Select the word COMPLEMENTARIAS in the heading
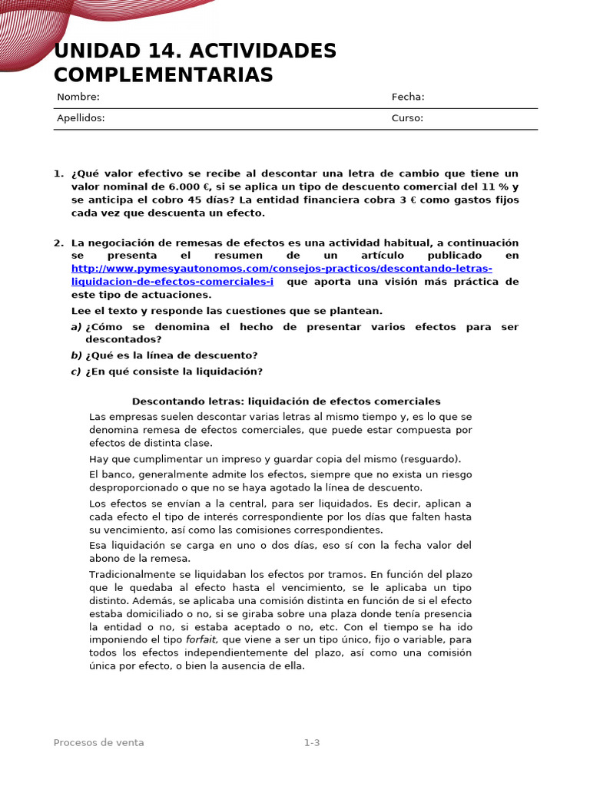[163, 75]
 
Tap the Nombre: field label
[78, 97]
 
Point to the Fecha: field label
[408, 97]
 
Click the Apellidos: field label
[81, 118]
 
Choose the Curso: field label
[407, 118]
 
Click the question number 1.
[58, 173]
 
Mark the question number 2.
[58, 243]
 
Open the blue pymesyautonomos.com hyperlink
[281, 269]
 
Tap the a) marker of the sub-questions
[76, 327]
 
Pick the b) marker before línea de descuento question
[76, 355]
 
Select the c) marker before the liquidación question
[76, 372]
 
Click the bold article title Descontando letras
[286, 401]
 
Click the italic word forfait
[202, 639]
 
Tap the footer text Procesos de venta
[98, 742]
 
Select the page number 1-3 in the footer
[311, 742]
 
